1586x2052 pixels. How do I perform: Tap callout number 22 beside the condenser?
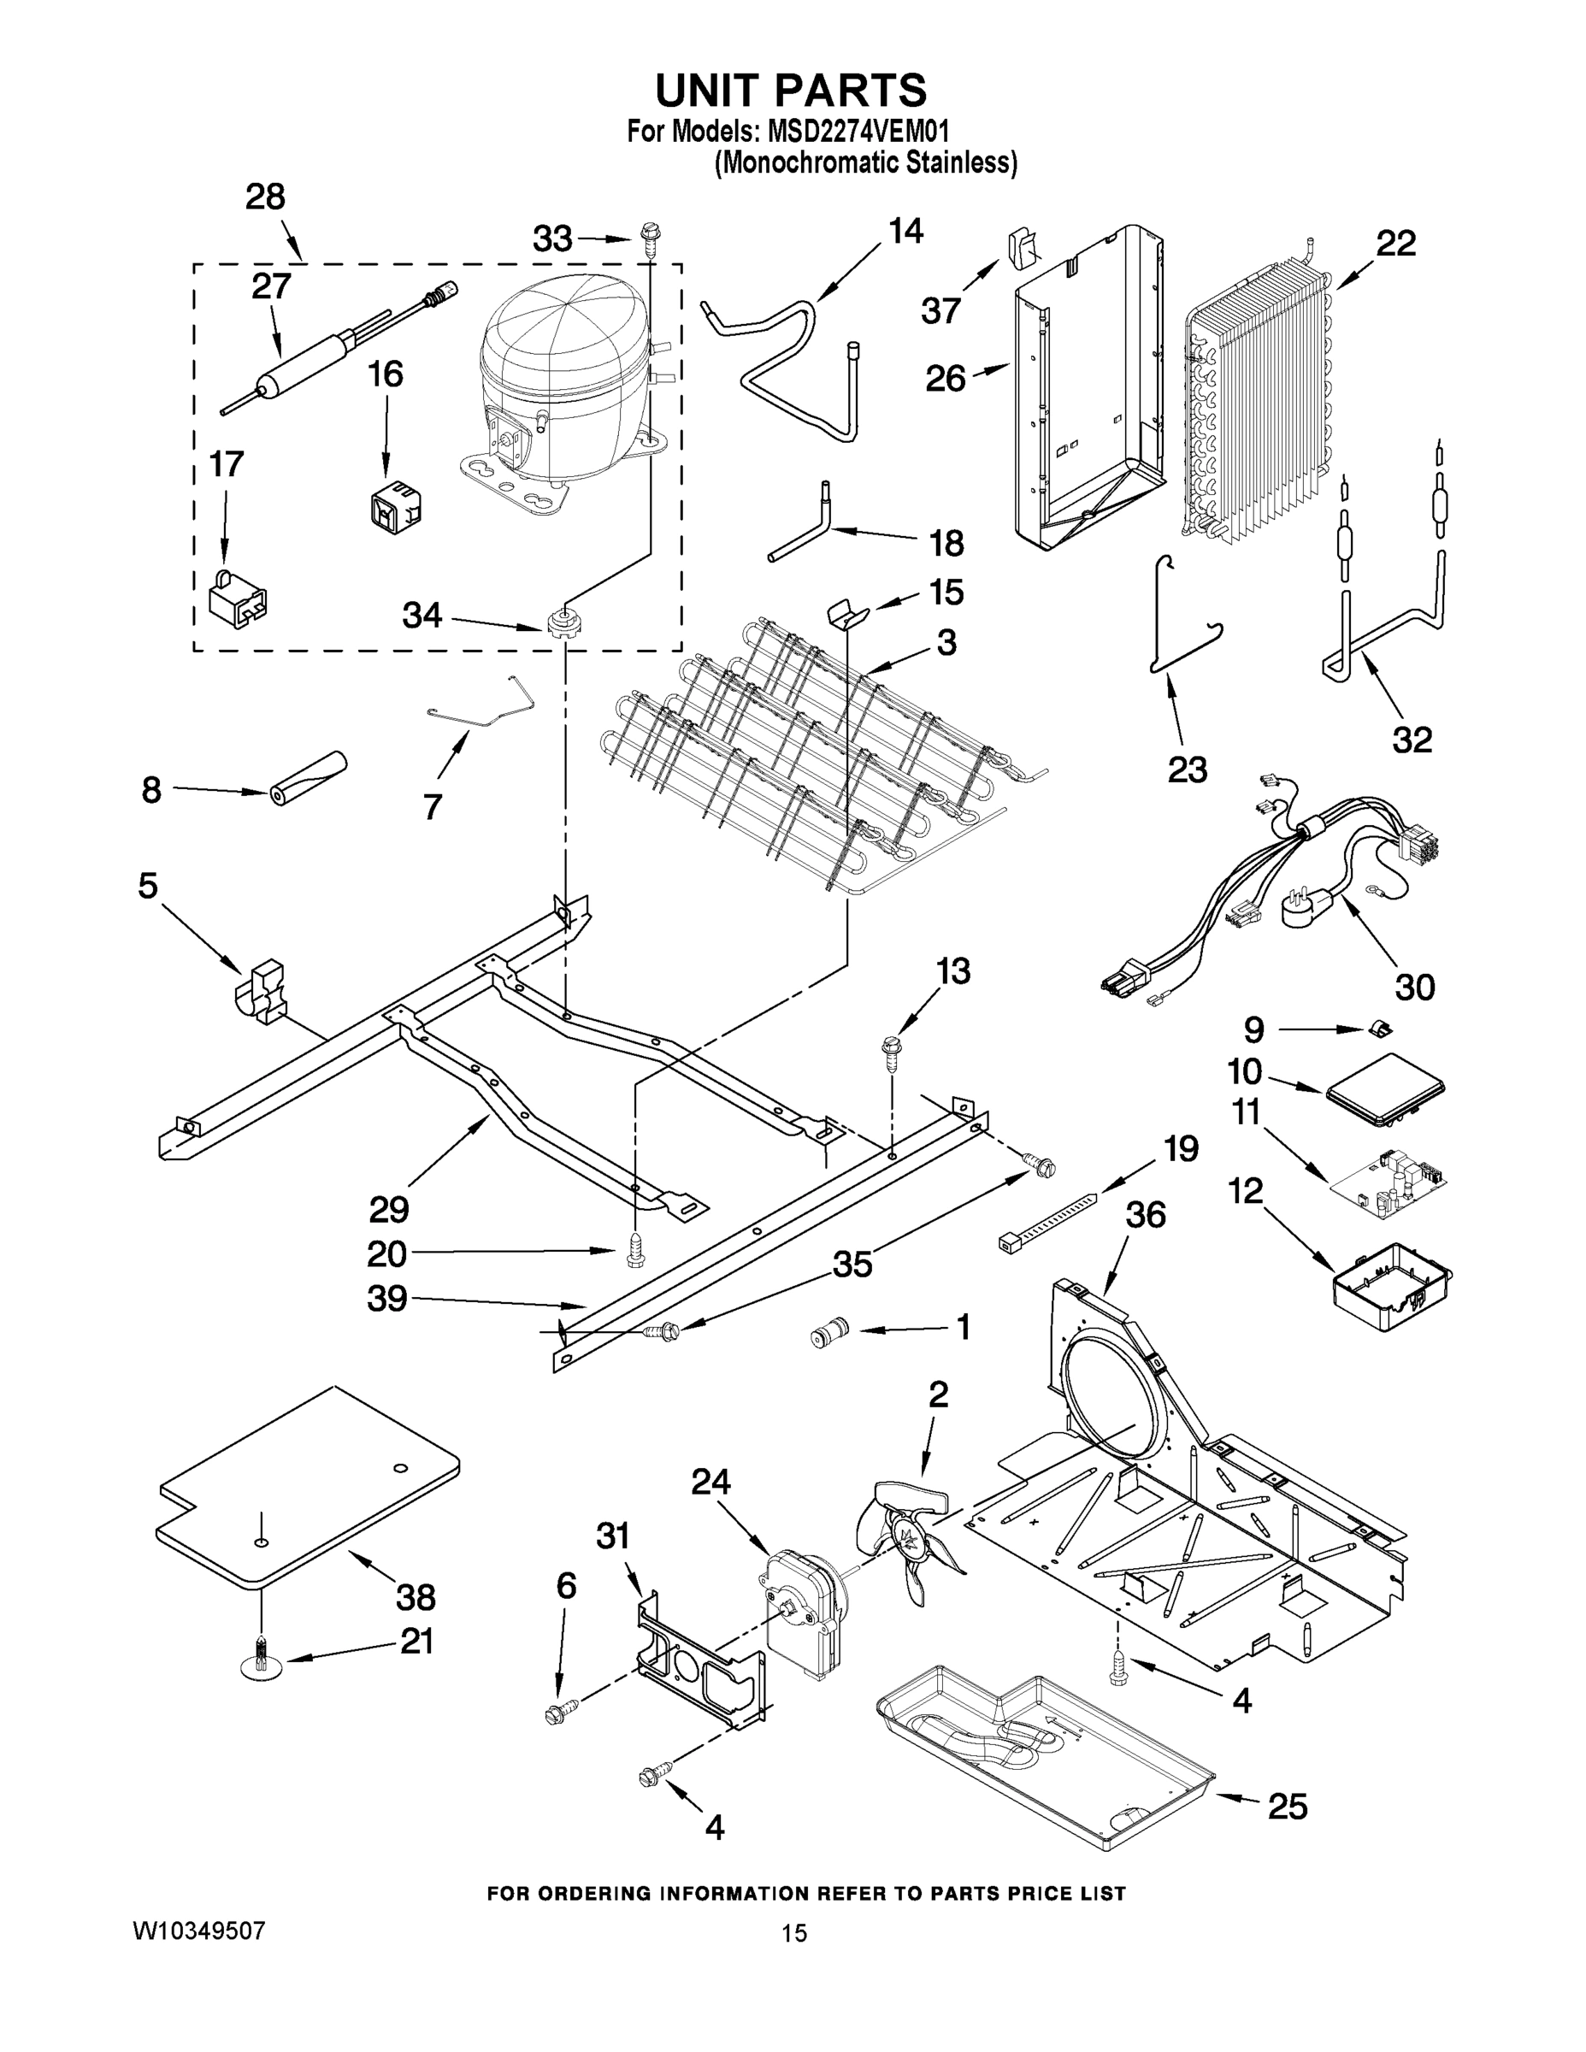[1395, 245]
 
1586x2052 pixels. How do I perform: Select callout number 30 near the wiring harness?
[1414, 987]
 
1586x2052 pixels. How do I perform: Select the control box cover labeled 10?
[1385, 1090]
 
